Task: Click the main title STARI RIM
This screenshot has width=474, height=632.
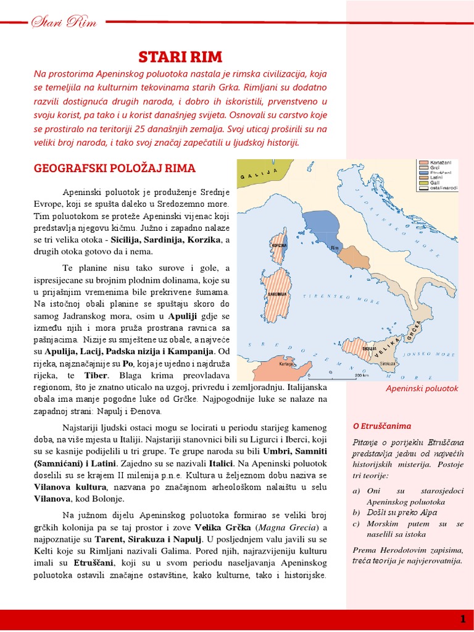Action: pyautogui.click(x=180, y=57)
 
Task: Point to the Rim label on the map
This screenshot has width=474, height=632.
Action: pyautogui.click(x=336, y=248)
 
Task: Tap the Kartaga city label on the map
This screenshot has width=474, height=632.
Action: pyautogui.click(x=286, y=364)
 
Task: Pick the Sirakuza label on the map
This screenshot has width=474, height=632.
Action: pyautogui.click(x=387, y=365)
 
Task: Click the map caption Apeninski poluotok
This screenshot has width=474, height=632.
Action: pyautogui.click(x=422, y=389)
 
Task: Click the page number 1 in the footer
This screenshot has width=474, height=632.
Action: pyautogui.click(x=462, y=618)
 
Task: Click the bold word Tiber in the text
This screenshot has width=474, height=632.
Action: pyautogui.click(x=97, y=375)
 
